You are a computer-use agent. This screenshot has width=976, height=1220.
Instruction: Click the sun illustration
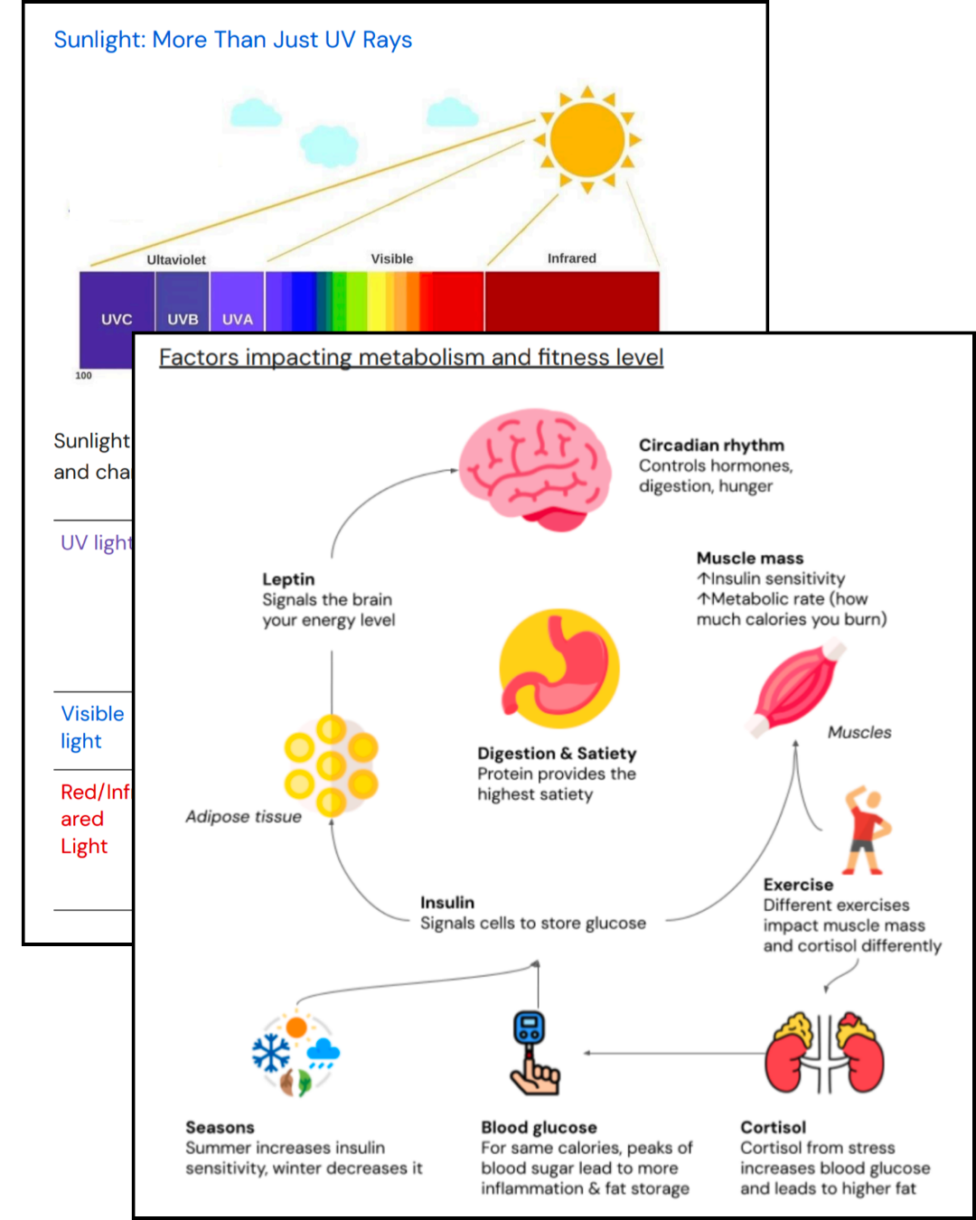pyautogui.click(x=587, y=139)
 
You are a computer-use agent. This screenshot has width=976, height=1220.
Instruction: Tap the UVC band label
pyautogui.click(x=117, y=319)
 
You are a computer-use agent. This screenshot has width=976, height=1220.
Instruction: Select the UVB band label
pyautogui.click(x=183, y=319)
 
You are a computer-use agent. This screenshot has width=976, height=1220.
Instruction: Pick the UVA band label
pyautogui.click(x=238, y=319)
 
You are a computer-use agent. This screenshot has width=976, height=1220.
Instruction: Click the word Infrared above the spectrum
pyautogui.click(x=571, y=258)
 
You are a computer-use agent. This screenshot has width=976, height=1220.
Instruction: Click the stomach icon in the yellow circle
pyautogui.click(x=559, y=669)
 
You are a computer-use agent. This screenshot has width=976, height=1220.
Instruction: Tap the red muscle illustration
pyautogui.click(x=795, y=687)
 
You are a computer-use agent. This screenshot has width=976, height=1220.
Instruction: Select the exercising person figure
pyautogui.click(x=867, y=831)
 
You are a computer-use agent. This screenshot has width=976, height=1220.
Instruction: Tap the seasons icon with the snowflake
pyautogui.click(x=296, y=1054)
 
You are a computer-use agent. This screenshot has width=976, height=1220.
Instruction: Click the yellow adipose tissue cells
pyautogui.click(x=331, y=765)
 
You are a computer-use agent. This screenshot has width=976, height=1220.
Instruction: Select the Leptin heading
pyautogui.click(x=288, y=579)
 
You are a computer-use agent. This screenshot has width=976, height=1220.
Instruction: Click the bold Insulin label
pyautogui.click(x=446, y=902)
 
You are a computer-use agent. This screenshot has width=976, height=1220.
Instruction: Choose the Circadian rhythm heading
pyautogui.click(x=711, y=445)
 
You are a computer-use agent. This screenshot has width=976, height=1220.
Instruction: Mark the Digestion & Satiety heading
pyautogui.click(x=557, y=753)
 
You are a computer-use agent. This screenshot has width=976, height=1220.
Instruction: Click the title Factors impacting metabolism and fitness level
pyautogui.click(x=411, y=357)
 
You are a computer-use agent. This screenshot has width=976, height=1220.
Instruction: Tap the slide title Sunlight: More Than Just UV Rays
pyautogui.click(x=232, y=40)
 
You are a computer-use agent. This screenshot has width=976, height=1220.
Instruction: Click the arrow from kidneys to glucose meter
pyautogui.click(x=673, y=1053)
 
